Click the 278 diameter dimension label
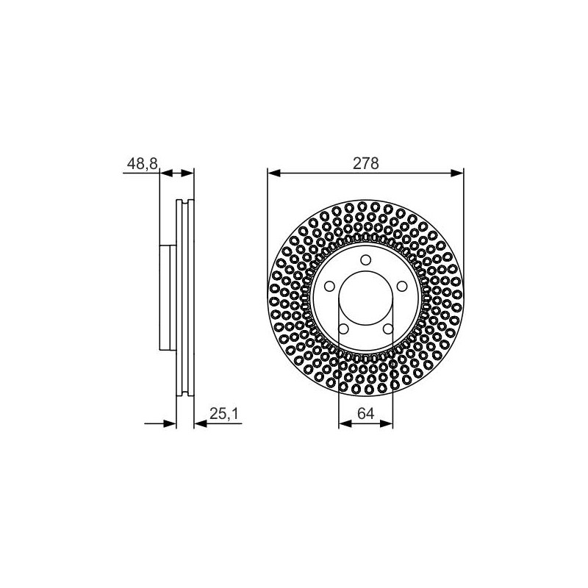(x=365, y=163)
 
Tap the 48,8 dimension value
(x=142, y=164)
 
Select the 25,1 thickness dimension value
(x=223, y=414)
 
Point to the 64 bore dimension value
(x=365, y=414)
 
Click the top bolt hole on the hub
(x=365, y=260)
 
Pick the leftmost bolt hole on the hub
(x=329, y=287)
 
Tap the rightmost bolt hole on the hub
(x=402, y=287)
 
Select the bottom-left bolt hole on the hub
(x=343, y=329)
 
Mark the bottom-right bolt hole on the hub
(x=388, y=329)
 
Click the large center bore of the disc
(x=365, y=298)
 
